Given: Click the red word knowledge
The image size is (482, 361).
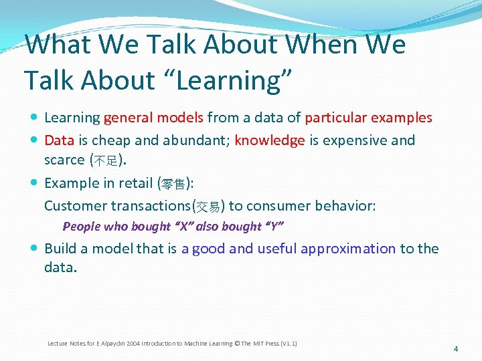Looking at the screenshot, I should [x=270, y=140].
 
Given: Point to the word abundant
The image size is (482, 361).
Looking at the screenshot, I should [x=191, y=140].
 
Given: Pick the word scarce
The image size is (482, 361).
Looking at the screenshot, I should [x=64, y=160].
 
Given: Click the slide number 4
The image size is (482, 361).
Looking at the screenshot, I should [x=455, y=349].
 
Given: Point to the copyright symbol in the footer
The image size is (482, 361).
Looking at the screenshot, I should [x=238, y=344].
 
